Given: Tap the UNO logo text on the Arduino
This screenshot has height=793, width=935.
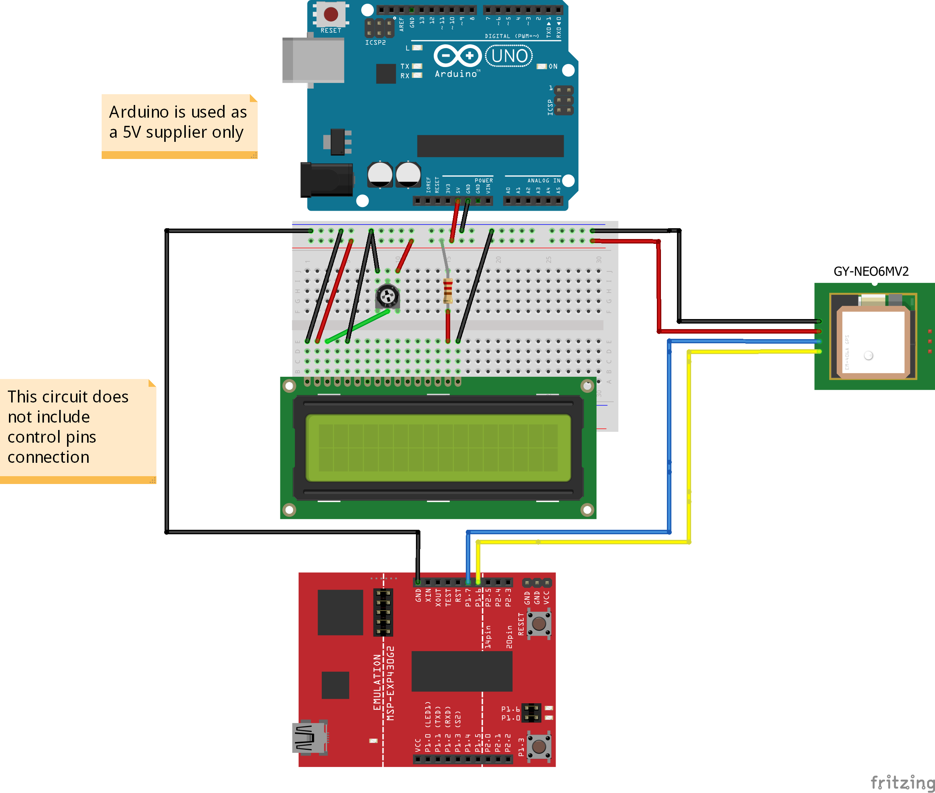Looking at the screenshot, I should coord(509,56).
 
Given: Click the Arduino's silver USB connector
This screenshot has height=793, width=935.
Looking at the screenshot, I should coord(313,60).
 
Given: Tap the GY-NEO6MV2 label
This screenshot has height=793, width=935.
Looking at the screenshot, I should coord(871,271).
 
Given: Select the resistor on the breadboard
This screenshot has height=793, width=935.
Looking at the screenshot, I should coord(448,291).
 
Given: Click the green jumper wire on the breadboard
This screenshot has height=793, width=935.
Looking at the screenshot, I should coord(357,326).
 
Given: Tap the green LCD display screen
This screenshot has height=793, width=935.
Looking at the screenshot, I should coord(438,448).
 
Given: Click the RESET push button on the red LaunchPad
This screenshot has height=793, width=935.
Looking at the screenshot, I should coord(539,624).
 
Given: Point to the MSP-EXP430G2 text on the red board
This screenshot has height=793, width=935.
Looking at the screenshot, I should coord(391,683).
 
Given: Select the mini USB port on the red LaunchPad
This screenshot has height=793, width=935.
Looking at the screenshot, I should coord(310,737).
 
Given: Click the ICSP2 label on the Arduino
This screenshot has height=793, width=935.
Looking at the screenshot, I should coord(375,43).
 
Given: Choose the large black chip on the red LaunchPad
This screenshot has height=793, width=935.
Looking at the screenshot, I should coord(462,671).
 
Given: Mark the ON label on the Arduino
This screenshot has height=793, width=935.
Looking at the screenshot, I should coord(553,67).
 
